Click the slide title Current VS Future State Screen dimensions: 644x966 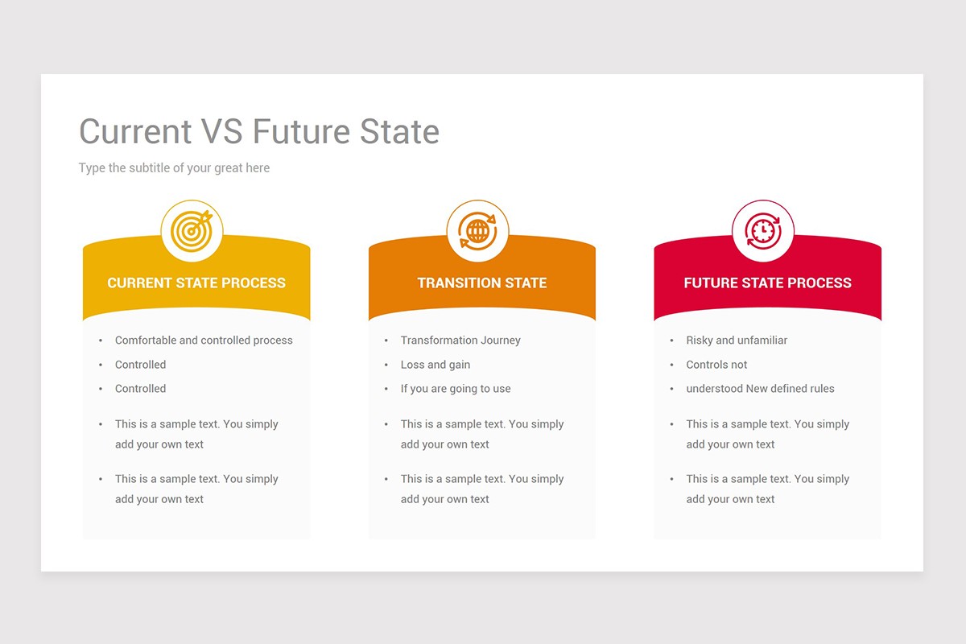(258, 131)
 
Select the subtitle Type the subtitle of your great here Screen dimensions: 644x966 (174, 168)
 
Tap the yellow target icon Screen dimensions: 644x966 (192, 231)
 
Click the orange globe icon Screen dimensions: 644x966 (477, 231)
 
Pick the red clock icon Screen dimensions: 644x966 (762, 231)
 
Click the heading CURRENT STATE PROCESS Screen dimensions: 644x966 (196, 283)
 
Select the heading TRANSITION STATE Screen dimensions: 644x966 (481, 283)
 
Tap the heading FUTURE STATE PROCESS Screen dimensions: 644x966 (767, 283)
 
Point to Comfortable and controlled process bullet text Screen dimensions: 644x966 (204, 341)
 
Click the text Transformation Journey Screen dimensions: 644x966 (460, 341)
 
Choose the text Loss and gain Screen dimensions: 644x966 (436, 365)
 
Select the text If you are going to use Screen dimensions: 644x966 (456, 389)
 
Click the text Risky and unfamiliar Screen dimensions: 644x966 (737, 341)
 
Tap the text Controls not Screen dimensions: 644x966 (716, 365)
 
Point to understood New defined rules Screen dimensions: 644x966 (760, 389)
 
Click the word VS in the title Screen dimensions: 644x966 (221, 131)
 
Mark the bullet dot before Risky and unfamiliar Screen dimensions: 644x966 (671, 341)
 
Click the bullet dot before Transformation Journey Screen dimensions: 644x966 (386, 341)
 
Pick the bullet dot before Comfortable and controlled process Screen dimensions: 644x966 (101, 341)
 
